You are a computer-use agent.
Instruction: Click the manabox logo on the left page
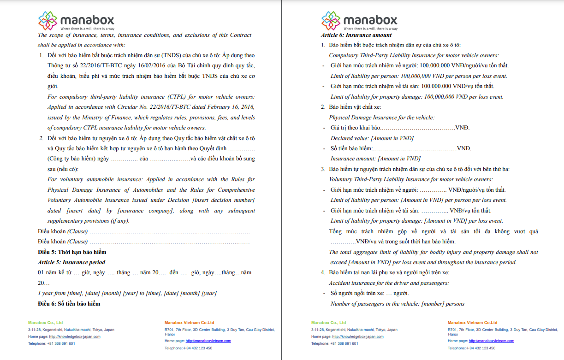point(76,21)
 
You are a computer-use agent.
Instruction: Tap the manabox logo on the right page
point(359,21)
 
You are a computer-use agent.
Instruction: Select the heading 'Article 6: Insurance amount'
point(356,35)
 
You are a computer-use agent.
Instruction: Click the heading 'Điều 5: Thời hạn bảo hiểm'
point(72,252)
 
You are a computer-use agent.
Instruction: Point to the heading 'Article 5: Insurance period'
point(71,262)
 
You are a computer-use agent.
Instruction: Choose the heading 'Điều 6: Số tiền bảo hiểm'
point(69,303)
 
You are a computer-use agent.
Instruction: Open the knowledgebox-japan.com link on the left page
point(74,336)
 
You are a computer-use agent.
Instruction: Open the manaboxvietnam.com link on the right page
point(491,341)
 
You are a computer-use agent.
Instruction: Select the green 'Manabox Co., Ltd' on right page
point(328,323)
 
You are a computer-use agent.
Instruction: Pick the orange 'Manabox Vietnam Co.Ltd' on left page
point(189,323)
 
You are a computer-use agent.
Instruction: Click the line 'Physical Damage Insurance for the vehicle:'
point(381,118)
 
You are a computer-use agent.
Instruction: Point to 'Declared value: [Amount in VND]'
point(372,138)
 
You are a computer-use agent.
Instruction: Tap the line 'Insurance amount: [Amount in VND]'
point(375,159)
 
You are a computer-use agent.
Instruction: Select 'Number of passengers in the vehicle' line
point(397,304)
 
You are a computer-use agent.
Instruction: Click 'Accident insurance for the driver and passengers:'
point(389,283)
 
